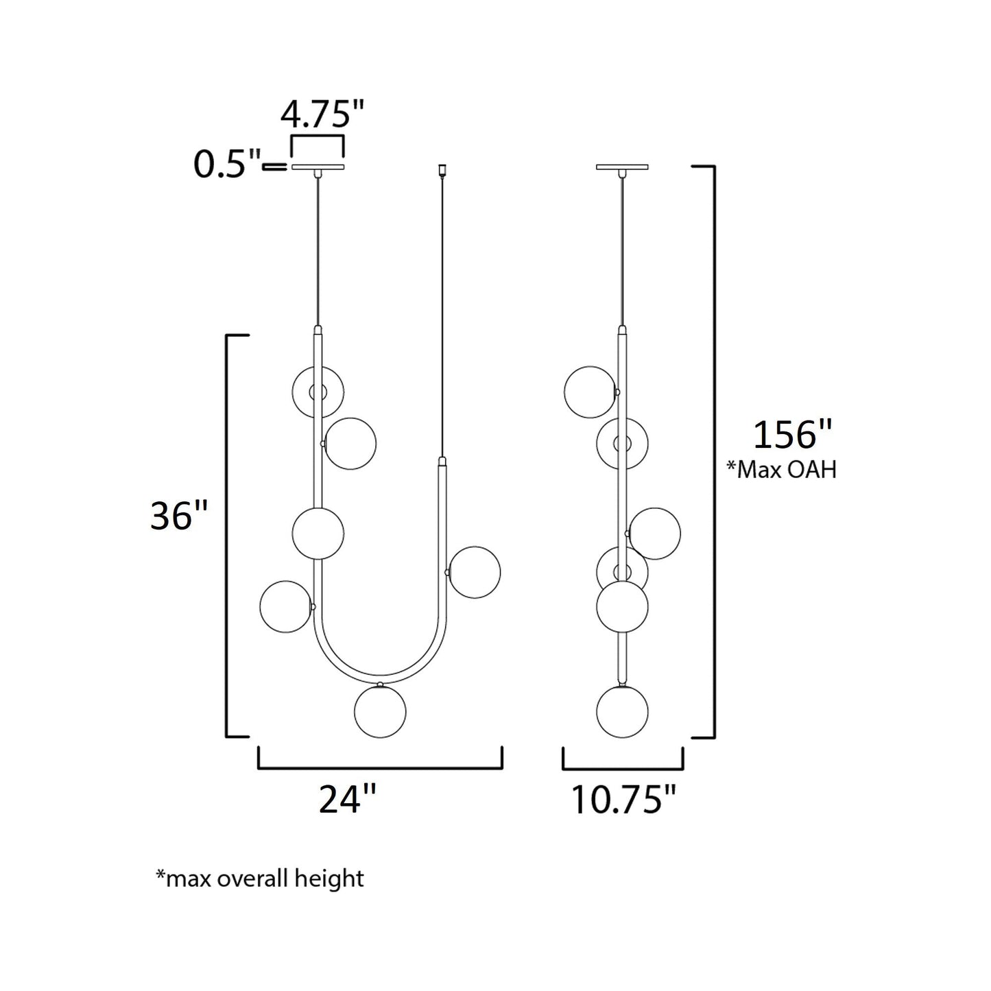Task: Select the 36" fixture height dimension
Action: (178, 516)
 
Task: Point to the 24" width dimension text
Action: (348, 798)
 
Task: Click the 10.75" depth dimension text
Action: (623, 799)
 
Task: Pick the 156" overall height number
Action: (792, 434)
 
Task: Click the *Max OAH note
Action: (781, 470)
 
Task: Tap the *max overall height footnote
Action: (260, 879)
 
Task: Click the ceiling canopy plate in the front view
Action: (318, 167)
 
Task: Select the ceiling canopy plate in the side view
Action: (622, 167)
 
